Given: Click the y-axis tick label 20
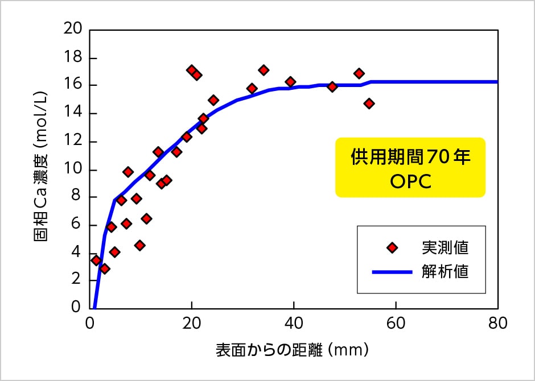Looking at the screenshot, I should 75,30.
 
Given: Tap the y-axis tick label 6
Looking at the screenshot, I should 78,225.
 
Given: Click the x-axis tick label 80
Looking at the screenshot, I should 497,322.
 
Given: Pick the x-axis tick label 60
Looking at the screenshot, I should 396,322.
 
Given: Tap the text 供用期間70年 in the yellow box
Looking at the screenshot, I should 410,157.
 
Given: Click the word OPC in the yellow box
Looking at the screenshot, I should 410,181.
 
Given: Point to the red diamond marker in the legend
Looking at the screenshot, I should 391,247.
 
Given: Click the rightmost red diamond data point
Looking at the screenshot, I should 369,103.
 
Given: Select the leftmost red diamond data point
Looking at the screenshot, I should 96,260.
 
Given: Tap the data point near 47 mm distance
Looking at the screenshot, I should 332,86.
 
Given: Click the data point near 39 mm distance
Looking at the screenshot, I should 290,82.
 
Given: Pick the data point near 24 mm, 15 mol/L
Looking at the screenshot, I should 213,100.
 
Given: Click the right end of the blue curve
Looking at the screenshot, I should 497,82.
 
